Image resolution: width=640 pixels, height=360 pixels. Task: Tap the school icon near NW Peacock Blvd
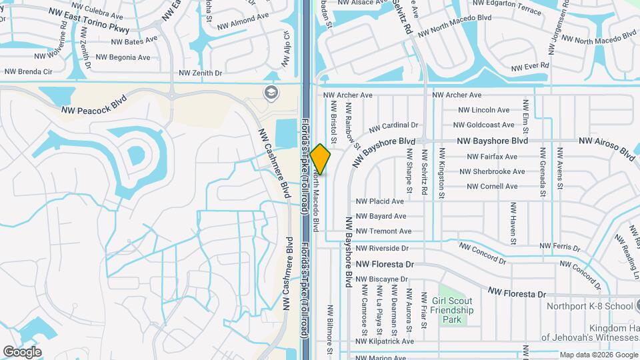coord(271,91)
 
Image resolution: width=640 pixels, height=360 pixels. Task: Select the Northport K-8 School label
coord(589,306)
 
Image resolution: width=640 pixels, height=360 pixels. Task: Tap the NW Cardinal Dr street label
coord(393,125)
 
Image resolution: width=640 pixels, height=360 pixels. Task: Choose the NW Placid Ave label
coord(380,201)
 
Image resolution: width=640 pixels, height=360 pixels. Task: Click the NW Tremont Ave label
coord(383,231)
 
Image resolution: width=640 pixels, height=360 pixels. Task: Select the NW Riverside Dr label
coord(382,248)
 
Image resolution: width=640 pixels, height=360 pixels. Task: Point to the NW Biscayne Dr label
coord(381,279)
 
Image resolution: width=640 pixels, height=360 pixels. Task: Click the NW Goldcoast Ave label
coord(483,125)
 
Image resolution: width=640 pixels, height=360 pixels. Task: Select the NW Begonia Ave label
coord(123,57)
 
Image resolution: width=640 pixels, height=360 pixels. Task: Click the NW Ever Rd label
coord(530,67)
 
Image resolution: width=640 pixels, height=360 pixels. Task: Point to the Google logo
coord(22,351)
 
